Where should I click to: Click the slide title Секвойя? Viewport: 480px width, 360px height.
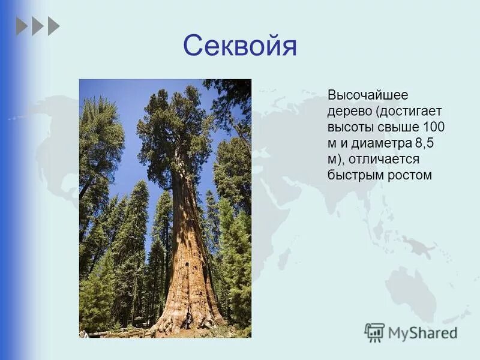click(239, 46)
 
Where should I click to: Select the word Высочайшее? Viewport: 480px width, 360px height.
click(359, 96)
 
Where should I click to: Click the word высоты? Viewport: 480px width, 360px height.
click(350, 128)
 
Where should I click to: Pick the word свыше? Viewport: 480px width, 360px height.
click(398, 128)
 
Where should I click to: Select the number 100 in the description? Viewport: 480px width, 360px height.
click(434, 128)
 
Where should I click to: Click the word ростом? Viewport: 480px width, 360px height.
click(409, 175)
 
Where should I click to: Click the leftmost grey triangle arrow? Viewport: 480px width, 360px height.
click(22, 26)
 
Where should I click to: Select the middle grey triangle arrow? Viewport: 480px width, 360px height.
click(37, 26)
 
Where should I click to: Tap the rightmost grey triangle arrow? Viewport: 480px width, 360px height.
click(53, 26)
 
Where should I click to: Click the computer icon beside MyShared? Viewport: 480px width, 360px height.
click(374, 332)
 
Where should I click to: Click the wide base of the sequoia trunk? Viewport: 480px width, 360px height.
click(189, 312)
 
